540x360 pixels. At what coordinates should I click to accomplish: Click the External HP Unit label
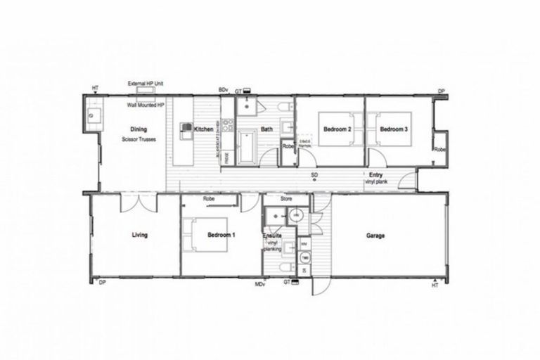(145, 83)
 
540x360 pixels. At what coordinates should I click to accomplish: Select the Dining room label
(138, 129)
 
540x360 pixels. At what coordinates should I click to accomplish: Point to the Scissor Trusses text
(138, 139)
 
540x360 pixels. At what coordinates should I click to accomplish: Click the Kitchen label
(204, 129)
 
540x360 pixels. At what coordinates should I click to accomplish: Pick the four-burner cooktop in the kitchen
(186, 127)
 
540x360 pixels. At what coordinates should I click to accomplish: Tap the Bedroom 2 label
(337, 130)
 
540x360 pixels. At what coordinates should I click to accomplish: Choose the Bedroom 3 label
(394, 130)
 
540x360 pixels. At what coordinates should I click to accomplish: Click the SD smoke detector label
(315, 174)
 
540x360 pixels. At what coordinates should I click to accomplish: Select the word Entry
(376, 174)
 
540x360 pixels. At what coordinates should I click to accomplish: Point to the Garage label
(375, 236)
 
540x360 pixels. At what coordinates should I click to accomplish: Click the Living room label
(140, 235)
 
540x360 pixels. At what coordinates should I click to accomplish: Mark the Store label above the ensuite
(285, 199)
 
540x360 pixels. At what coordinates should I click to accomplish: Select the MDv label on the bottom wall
(259, 284)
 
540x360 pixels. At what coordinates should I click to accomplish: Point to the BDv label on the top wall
(224, 90)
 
